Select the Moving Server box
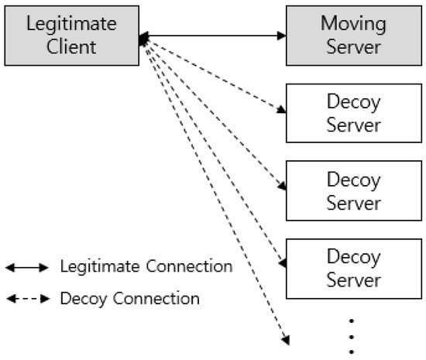[x=353, y=35]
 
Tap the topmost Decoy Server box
[x=353, y=113]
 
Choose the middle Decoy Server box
[x=353, y=190]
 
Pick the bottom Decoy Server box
[x=353, y=268]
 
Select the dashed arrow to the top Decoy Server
[x=213, y=74]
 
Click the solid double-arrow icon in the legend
[x=27, y=268]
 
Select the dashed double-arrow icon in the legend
[x=27, y=298]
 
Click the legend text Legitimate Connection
[x=146, y=267]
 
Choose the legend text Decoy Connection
[x=129, y=298]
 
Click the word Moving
[x=353, y=23]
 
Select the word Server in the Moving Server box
[x=353, y=46]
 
